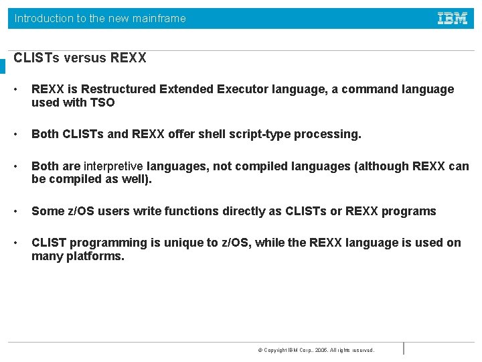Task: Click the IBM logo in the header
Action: [x=453, y=19]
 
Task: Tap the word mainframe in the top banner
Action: [x=159, y=19]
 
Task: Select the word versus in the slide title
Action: [x=86, y=58]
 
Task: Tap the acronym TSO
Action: [x=102, y=103]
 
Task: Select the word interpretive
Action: [x=113, y=166]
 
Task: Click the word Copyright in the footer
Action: [x=275, y=350]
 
